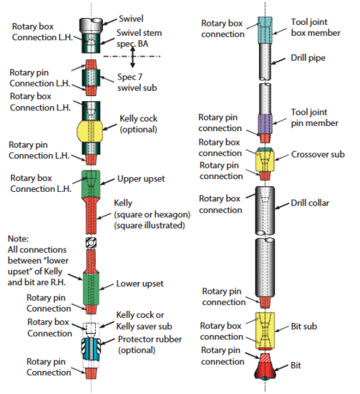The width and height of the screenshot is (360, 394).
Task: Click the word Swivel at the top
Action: coord(131,19)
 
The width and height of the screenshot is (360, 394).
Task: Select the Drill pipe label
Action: coord(308,58)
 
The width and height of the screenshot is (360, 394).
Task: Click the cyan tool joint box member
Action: coord(265,30)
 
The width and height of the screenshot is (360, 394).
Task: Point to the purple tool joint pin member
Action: coord(265,125)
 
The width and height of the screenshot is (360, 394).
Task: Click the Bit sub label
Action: coord(303,327)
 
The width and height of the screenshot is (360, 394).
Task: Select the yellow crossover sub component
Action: coord(265,160)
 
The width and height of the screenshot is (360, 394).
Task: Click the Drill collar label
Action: coord(310,203)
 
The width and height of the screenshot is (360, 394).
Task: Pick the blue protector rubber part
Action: coord(91,349)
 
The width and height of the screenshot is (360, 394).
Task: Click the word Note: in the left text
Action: coord(18,239)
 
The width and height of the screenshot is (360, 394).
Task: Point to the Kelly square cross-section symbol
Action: coord(91,243)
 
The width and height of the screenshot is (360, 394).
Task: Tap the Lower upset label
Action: coord(140,284)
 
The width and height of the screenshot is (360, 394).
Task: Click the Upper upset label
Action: coord(141,179)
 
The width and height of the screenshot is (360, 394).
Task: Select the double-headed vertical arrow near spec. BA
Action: coord(132,57)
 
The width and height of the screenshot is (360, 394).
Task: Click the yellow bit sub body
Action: coord(265,330)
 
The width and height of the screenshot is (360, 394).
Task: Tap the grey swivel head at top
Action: coord(91,25)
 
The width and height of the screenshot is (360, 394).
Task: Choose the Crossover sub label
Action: coord(318,154)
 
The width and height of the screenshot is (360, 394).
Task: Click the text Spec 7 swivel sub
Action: coord(137,82)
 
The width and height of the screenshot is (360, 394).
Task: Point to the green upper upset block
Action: coord(91,184)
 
